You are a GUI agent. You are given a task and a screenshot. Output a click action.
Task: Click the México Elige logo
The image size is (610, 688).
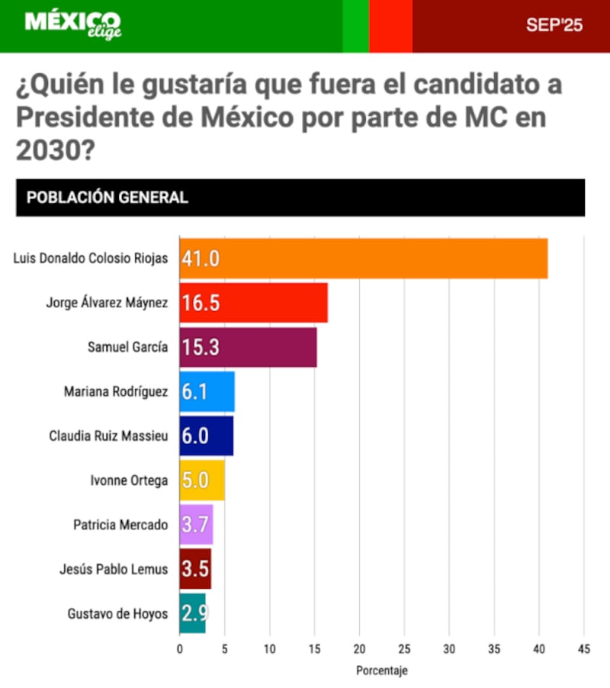point(73,25)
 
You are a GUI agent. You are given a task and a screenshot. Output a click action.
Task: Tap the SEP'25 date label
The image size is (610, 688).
point(554,25)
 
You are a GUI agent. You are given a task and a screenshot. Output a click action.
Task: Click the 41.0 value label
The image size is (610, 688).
point(201,258)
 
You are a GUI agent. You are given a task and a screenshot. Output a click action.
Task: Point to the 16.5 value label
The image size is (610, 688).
point(201,303)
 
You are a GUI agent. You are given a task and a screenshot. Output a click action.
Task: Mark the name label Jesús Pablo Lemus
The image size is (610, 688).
point(114,569)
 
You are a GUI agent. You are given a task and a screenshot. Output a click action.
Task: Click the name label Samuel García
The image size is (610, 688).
point(127,347)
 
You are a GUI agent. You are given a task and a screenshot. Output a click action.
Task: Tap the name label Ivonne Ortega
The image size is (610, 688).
point(129,481)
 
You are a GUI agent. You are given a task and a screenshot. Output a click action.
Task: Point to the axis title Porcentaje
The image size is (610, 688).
point(381,671)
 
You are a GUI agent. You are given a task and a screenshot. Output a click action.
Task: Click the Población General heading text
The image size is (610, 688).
point(108,198)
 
